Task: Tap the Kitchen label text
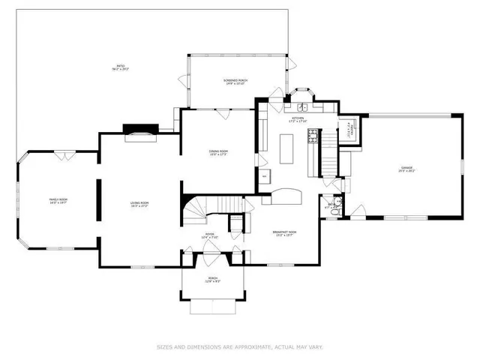[298, 119]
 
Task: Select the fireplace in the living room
[140, 135]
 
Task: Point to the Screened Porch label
[236, 81]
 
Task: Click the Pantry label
[349, 129]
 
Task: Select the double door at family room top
[63, 155]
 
